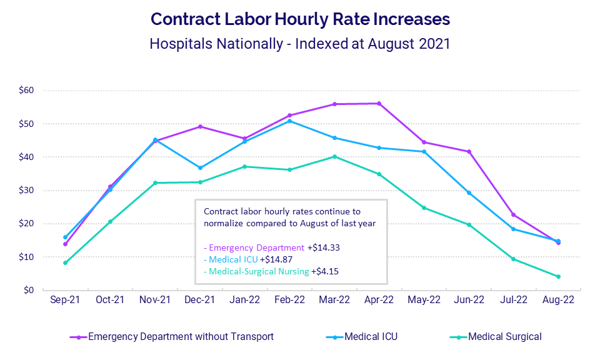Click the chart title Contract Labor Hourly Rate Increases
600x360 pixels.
300,19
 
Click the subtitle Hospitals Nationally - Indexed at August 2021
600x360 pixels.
300,45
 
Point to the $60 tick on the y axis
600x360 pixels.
26,91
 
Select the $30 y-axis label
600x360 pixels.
26,191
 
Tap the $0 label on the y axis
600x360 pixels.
28,291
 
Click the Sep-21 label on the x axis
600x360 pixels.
65,301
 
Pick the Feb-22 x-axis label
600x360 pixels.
289,301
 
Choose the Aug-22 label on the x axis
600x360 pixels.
558,301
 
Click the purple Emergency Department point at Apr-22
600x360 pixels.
379,103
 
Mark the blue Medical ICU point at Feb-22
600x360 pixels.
289,121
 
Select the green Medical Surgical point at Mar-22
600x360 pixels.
334,156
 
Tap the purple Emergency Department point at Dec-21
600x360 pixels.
200,126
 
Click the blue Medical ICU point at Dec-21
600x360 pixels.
200,167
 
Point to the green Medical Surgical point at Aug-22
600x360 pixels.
558,276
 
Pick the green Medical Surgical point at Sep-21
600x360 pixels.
65,262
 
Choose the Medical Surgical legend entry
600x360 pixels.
504,337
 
